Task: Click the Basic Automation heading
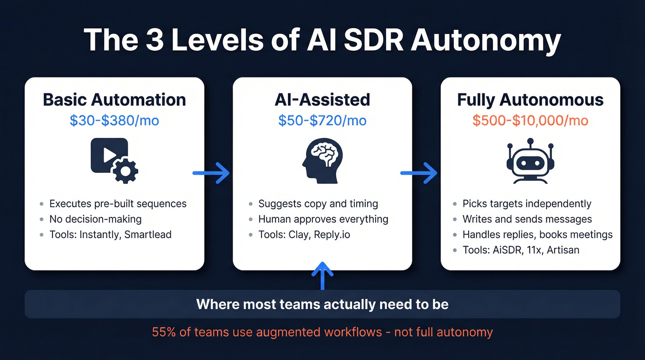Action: (114, 100)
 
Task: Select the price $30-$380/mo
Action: (114, 121)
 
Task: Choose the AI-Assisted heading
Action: (322, 100)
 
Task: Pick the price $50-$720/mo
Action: (322, 121)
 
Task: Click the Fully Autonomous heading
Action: (530, 100)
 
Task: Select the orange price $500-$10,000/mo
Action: (530, 121)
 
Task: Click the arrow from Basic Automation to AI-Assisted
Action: (211, 173)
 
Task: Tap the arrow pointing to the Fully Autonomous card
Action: (419, 173)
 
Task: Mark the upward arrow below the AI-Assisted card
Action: (322, 275)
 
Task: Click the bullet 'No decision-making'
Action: (95, 219)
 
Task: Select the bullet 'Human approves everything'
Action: (323, 219)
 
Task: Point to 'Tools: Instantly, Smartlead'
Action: (110, 235)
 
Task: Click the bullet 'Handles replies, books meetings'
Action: (538, 235)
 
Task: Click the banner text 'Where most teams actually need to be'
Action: (322, 304)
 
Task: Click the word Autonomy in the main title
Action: (486, 41)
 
